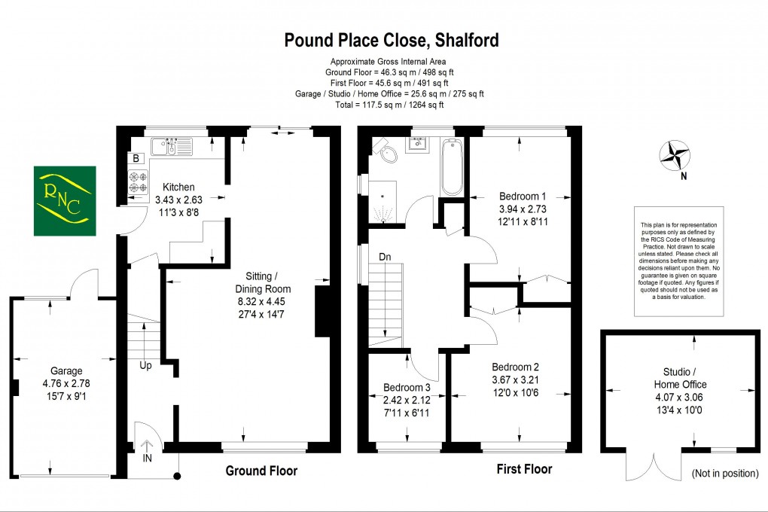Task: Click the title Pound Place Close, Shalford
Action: click(391, 40)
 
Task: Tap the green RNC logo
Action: click(64, 200)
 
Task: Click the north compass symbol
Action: click(675, 156)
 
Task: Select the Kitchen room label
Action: click(174, 187)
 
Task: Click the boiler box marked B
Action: click(136, 158)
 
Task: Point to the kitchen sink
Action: click(172, 145)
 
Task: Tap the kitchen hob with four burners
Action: click(139, 183)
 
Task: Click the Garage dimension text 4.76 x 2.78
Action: click(66, 384)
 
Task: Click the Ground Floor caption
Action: click(261, 471)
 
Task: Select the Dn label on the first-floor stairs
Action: click(385, 257)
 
